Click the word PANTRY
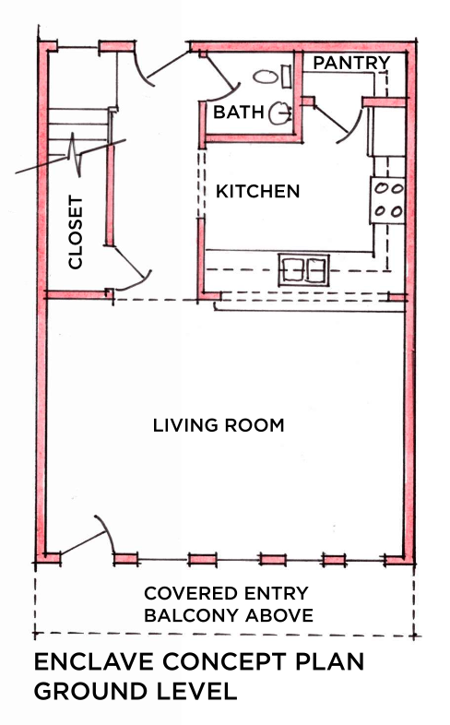pos(351,63)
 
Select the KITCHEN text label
pos(258,192)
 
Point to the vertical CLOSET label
pos(76,232)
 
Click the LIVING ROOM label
pos(218,425)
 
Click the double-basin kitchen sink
pos(303,268)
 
